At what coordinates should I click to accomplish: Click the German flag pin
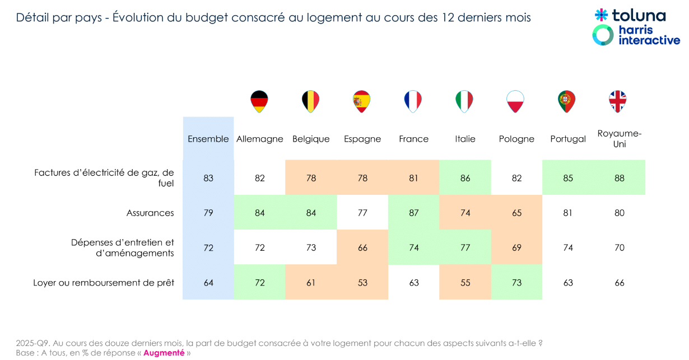click(259, 101)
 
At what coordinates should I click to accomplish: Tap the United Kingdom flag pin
click(618, 101)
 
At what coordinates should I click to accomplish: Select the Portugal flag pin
click(567, 101)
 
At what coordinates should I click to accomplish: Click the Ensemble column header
click(208, 139)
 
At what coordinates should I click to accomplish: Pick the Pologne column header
click(516, 139)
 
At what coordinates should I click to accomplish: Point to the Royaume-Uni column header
click(619, 139)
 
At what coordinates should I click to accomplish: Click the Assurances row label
click(150, 213)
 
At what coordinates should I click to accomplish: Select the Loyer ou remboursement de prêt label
click(104, 283)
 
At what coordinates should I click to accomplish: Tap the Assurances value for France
click(414, 213)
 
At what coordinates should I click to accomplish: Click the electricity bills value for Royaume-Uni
click(619, 178)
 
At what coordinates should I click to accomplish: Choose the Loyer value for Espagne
click(362, 283)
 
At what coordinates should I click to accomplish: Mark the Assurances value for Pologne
click(516, 213)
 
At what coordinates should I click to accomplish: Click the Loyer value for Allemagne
click(260, 283)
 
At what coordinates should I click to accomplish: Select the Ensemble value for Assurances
click(208, 213)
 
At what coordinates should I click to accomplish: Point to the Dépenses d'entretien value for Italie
click(465, 247)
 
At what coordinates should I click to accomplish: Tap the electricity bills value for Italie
click(465, 178)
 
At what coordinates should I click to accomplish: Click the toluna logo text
click(638, 15)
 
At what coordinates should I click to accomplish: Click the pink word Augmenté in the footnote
click(164, 353)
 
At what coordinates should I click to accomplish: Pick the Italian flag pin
click(464, 101)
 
